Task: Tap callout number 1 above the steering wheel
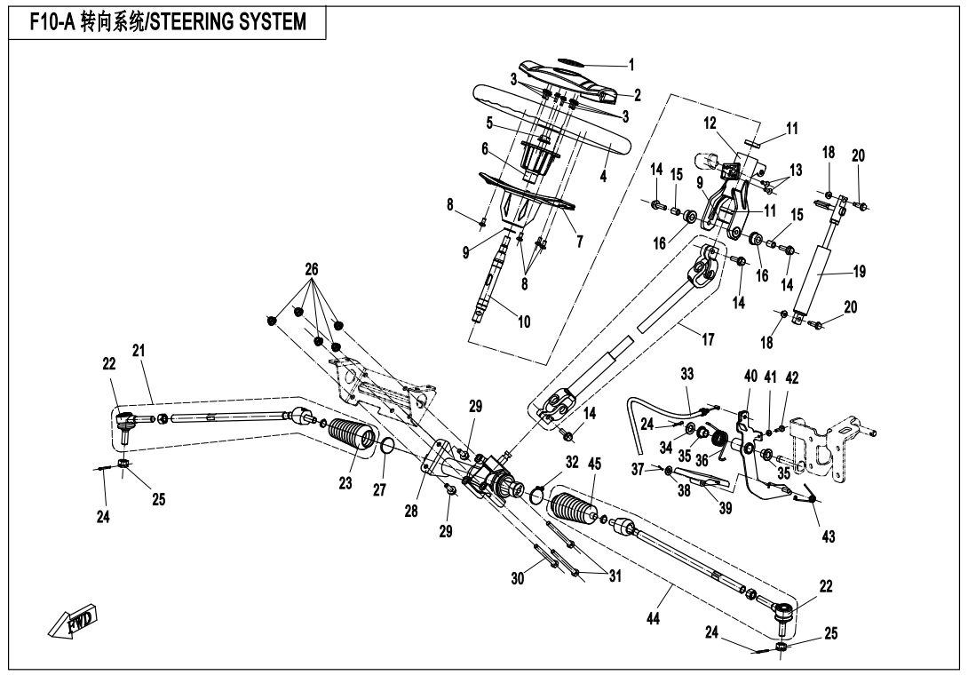point(631,64)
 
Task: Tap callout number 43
point(829,536)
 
